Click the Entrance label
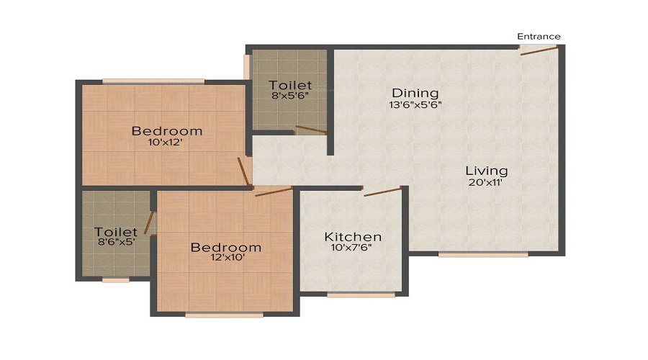pyautogui.click(x=539, y=37)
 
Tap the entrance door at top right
pyautogui.click(x=539, y=50)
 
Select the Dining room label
pyautogui.click(x=415, y=93)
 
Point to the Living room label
pyautogui.click(x=486, y=171)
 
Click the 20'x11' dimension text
pyautogui.click(x=486, y=183)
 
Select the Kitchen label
pyautogui.click(x=353, y=237)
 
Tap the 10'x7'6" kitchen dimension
pyautogui.click(x=353, y=248)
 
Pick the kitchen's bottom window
pyautogui.click(x=361, y=294)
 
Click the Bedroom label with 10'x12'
pyautogui.click(x=166, y=131)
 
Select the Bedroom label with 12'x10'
pyautogui.click(x=225, y=248)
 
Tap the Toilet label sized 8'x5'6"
pyautogui.click(x=290, y=86)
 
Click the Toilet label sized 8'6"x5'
pyautogui.click(x=116, y=232)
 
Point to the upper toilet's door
pyautogui.click(x=310, y=130)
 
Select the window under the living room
pyautogui.click(x=483, y=254)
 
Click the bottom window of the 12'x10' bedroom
pyautogui.click(x=224, y=315)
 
